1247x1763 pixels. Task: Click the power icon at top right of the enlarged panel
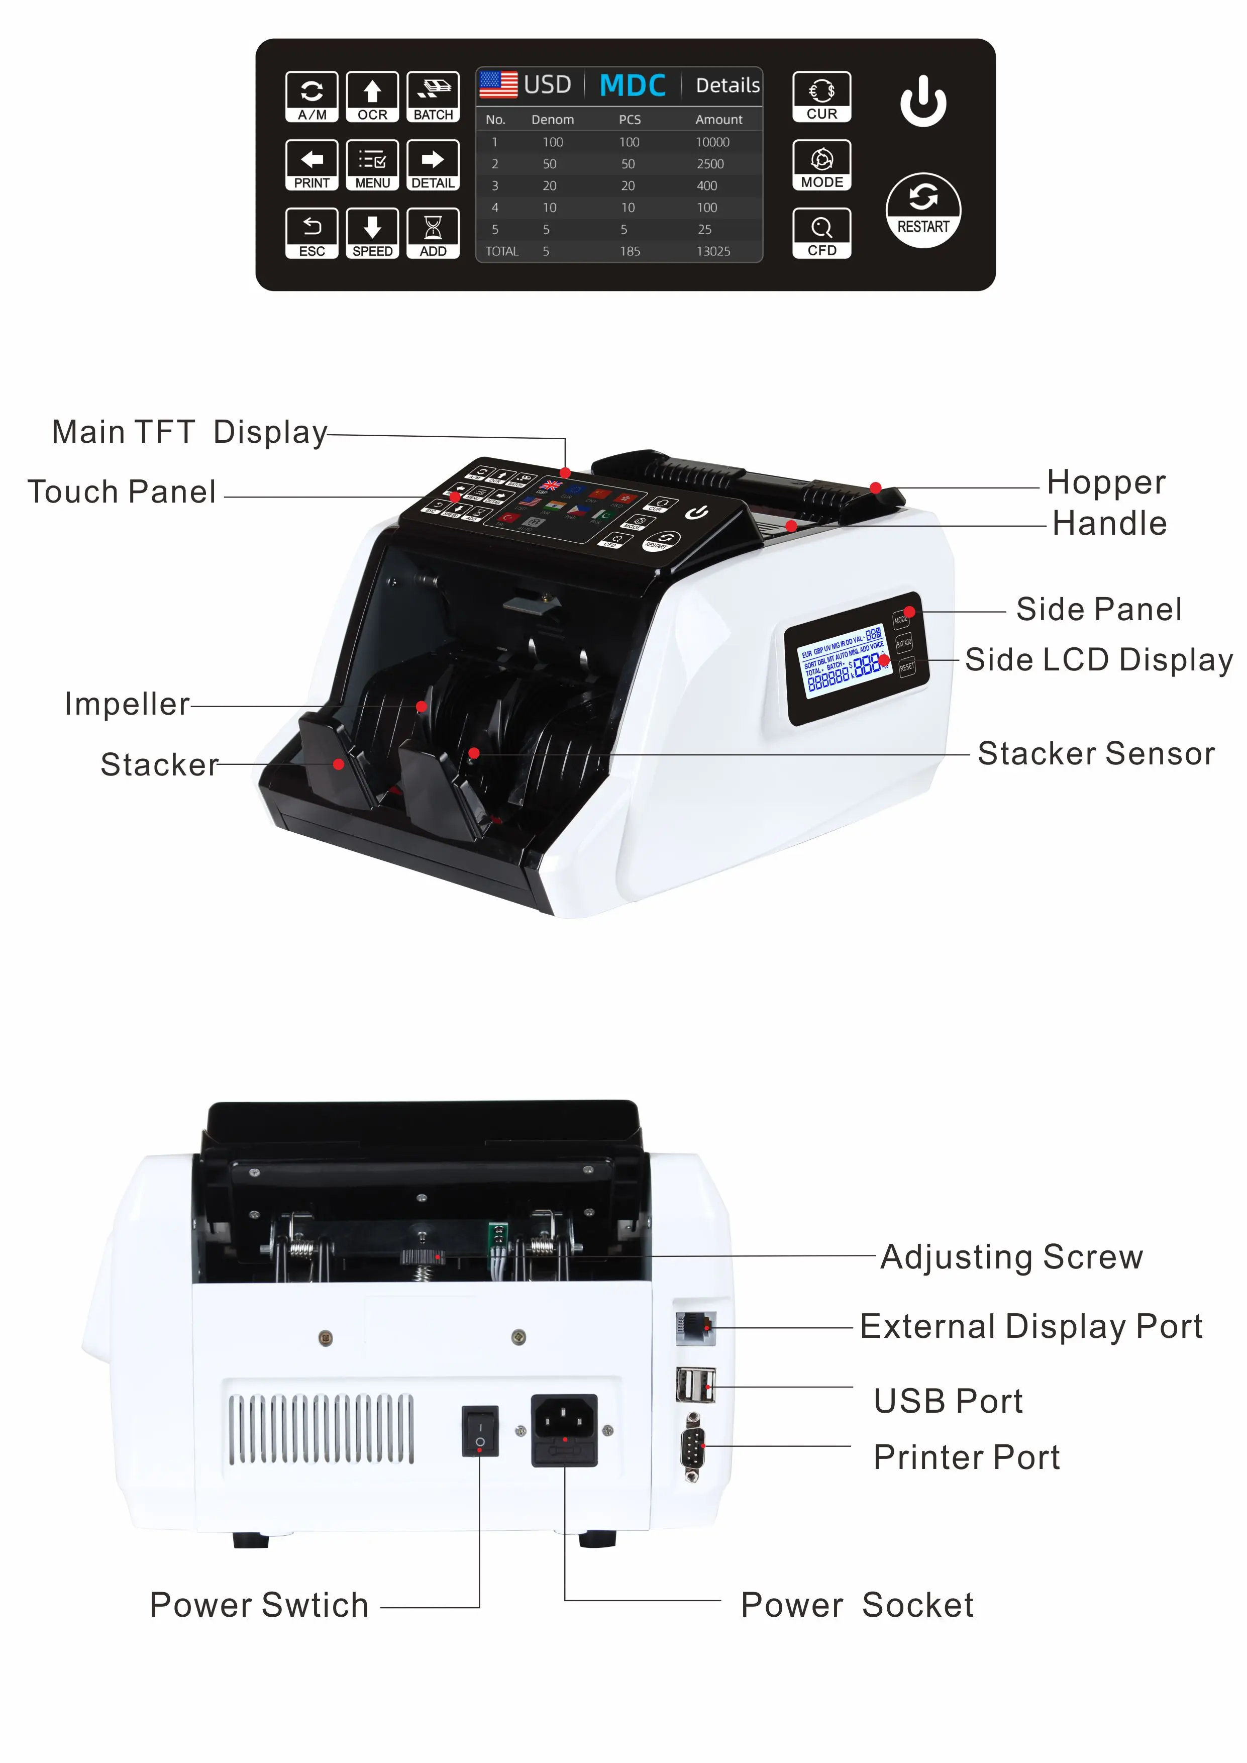[x=922, y=102]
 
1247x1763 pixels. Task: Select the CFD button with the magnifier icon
[x=821, y=233]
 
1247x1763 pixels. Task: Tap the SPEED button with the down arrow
[x=372, y=233]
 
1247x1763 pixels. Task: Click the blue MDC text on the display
[x=632, y=85]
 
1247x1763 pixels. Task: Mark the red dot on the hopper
[x=875, y=487]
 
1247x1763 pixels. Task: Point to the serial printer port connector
[x=693, y=1447]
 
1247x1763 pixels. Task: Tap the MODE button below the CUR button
[x=821, y=165]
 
